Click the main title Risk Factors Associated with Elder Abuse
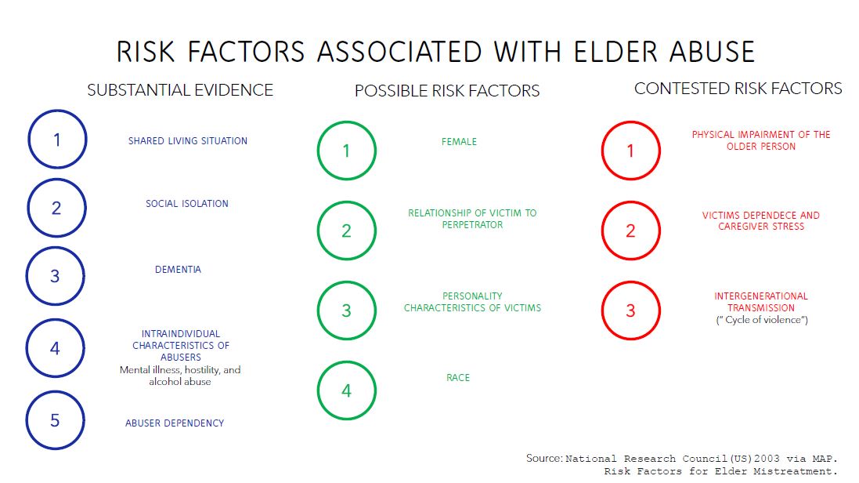(435, 52)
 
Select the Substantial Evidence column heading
(180, 90)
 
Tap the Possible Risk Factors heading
(447, 91)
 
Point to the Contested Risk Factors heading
(738, 89)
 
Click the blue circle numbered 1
(57, 140)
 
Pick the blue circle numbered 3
(56, 276)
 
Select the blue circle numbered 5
(56, 420)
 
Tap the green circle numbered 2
(347, 231)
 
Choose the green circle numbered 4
(347, 390)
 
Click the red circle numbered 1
(631, 151)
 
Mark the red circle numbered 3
(631, 310)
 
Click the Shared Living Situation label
(188, 141)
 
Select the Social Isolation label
(187, 204)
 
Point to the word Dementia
(178, 270)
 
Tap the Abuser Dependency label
(175, 423)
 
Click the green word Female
(459, 142)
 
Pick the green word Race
(458, 378)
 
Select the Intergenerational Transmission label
(760, 302)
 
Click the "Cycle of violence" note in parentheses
(762, 321)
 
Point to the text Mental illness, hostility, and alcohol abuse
(180, 376)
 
